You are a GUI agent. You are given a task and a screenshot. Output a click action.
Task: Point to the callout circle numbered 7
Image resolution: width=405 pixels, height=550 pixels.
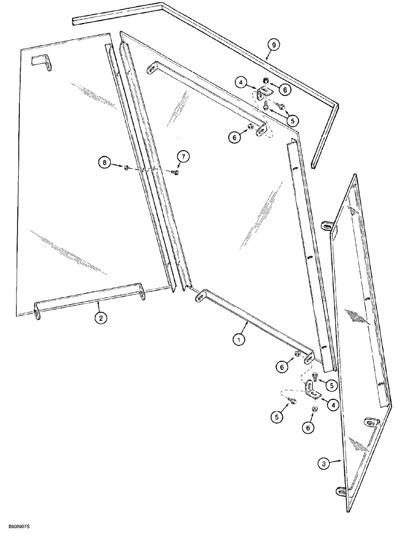[x=183, y=157]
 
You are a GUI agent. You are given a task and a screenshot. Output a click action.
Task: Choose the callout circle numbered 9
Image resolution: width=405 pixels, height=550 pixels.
[x=271, y=43]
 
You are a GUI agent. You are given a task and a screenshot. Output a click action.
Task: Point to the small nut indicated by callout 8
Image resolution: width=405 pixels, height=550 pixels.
[x=126, y=167]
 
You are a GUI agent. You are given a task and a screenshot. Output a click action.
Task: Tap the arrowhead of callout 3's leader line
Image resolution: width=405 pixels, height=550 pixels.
[x=343, y=460]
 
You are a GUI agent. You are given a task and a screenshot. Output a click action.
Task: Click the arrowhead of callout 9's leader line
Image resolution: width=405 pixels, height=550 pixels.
[x=265, y=58]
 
